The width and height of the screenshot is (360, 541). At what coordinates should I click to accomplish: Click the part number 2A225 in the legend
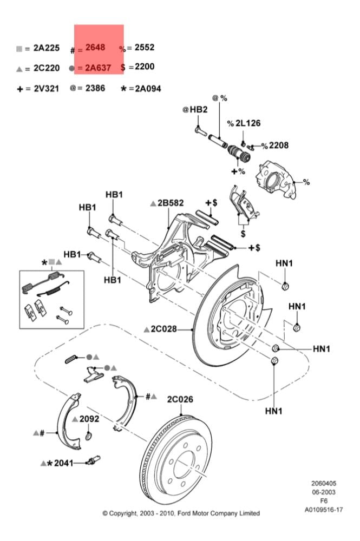[x=47, y=48]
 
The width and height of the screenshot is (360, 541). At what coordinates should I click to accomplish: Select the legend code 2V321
[x=46, y=89]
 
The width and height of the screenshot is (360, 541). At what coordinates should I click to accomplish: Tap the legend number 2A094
[x=148, y=89]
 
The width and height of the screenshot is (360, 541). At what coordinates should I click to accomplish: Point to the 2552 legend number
[x=145, y=47]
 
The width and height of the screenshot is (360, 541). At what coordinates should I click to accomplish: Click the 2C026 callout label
[x=180, y=399]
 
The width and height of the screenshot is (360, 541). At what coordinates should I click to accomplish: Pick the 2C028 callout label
[x=163, y=329]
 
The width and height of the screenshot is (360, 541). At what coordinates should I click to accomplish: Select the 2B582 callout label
[x=171, y=203]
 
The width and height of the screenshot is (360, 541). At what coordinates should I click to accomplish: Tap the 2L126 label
[x=248, y=123]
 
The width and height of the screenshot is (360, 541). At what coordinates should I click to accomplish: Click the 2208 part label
[x=279, y=145]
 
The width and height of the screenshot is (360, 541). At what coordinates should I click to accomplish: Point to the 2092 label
[x=89, y=419]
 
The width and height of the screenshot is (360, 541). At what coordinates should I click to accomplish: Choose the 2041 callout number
[x=64, y=463]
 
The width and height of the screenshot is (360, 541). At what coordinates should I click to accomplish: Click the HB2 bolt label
[x=199, y=110]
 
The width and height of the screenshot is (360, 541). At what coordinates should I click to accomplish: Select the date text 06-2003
[x=324, y=492]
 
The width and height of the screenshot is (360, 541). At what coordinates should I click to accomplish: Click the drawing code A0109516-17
[x=324, y=509]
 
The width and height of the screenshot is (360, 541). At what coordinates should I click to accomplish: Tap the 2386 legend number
[x=95, y=88]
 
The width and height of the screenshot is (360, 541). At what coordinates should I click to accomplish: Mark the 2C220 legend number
[x=47, y=68]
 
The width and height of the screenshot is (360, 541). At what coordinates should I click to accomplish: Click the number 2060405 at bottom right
[x=324, y=483]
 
